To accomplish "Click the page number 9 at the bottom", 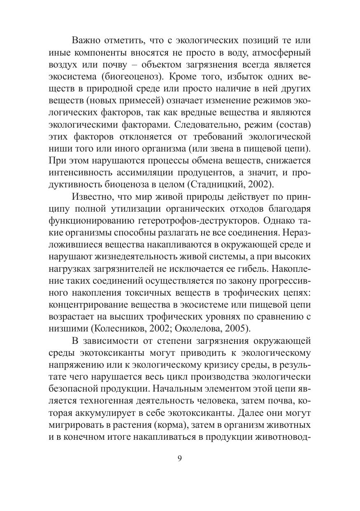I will pos(180,460).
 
